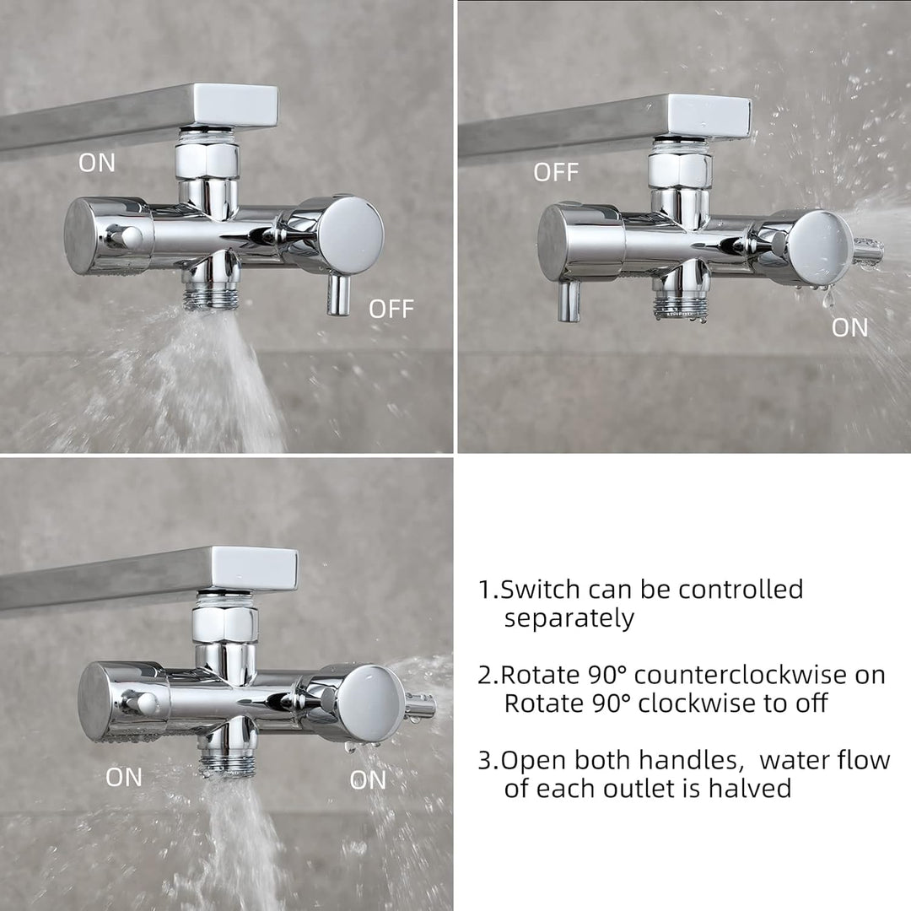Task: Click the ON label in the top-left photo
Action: coord(97,163)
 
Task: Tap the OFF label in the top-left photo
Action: coord(391,309)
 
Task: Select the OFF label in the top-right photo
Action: coord(556,173)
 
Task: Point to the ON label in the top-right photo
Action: coord(850,328)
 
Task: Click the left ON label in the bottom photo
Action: coord(124,778)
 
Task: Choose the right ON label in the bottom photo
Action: coord(368,780)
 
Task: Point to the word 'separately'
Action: coord(569,619)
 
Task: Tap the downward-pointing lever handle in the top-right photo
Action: coord(569,301)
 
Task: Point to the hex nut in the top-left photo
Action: coord(207,160)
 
